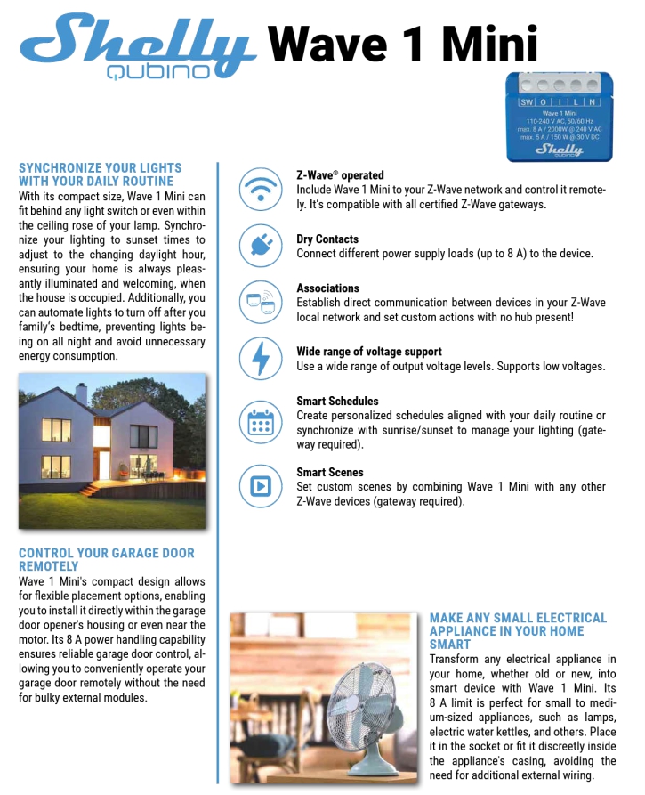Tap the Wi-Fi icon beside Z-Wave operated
(261, 189)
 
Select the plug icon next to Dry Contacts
(261, 245)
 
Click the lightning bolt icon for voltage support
(261, 358)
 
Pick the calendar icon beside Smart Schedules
(261, 420)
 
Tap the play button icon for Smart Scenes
(261, 486)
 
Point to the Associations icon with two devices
(261, 301)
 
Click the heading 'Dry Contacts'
(327, 239)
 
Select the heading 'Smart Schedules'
(337, 402)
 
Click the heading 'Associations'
(327, 288)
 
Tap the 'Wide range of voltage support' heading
(369, 352)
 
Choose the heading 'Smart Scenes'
(330, 473)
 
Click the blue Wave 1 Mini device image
(560, 116)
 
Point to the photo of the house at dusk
(112, 450)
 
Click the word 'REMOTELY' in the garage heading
(49, 566)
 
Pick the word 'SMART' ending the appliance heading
(450, 645)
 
